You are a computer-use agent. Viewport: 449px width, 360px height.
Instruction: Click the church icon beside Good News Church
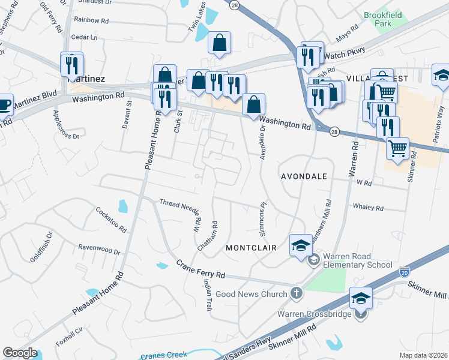pyautogui.click(x=295, y=293)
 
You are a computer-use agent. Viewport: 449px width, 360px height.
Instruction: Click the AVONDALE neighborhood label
pyautogui.click(x=304, y=177)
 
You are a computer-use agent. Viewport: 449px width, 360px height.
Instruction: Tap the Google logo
pyautogui.click(x=20, y=353)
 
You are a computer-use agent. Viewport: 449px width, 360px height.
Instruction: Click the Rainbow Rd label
pyautogui.click(x=91, y=20)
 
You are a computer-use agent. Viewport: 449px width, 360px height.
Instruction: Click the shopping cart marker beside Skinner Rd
pyautogui.click(x=397, y=148)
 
